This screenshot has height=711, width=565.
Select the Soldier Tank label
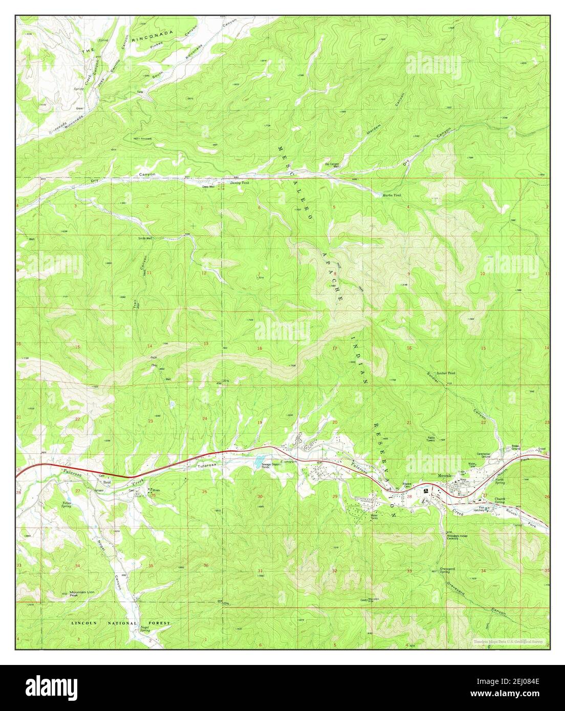click(445, 373)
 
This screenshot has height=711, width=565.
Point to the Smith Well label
click(145, 238)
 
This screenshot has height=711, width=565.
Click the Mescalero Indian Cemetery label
click(459, 537)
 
